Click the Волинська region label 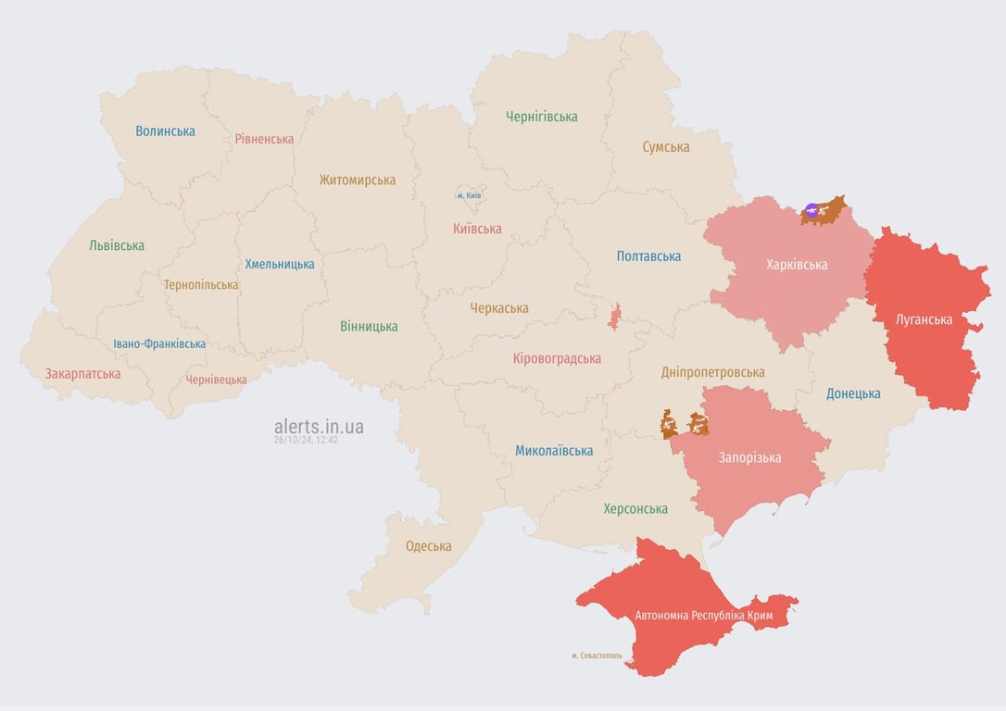pyautogui.click(x=165, y=131)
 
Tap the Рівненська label pyautogui.click(x=264, y=139)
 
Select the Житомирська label pyautogui.click(x=357, y=180)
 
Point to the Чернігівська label pyautogui.click(x=541, y=117)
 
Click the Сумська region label pyautogui.click(x=665, y=146)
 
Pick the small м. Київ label pyautogui.click(x=469, y=195)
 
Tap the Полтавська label pyautogui.click(x=648, y=256)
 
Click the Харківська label pyautogui.click(x=797, y=265)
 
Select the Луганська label pyautogui.click(x=924, y=319)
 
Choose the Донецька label pyautogui.click(x=853, y=393)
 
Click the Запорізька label pyautogui.click(x=749, y=457)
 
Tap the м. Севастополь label pyautogui.click(x=597, y=655)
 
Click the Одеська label pyautogui.click(x=428, y=546)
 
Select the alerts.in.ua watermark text pyautogui.click(x=319, y=426)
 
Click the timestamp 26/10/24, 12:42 pyautogui.click(x=306, y=441)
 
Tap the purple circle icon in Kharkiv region pyautogui.click(x=812, y=211)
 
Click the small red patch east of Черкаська pyautogui.click(x=614, y=317)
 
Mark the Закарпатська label pyautogui.click(x=82, y=374)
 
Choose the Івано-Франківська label pyautogui.click(x=159, y=343)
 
